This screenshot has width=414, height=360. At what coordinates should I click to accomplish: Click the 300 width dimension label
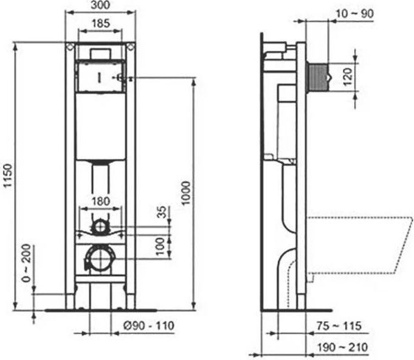pyautogui.click(x=100, y=5)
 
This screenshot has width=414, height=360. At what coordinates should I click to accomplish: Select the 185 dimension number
pyautogui.click(x=100, y=24)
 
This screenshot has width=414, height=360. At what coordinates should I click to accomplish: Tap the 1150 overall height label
pyautogui.click(x=8, y=175)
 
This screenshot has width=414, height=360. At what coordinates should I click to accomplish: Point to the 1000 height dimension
pyautogui.click(x=186, y=193)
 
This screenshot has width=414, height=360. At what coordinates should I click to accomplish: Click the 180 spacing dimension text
pyautogui.click(x=100, y=201)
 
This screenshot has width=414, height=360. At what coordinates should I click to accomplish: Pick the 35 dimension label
pyautogui.click(x=162, y=212)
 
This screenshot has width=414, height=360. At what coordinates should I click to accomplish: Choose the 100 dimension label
pyautogui.click(x=160, y=246)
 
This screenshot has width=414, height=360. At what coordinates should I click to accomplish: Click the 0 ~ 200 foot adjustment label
pyautogui.click(x=26, y=263)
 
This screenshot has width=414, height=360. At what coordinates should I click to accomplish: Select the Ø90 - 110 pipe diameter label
pyautogui.click(x=149, y=326)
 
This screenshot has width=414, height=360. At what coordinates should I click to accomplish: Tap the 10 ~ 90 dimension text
pyautogui.click(x=354, y=14)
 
